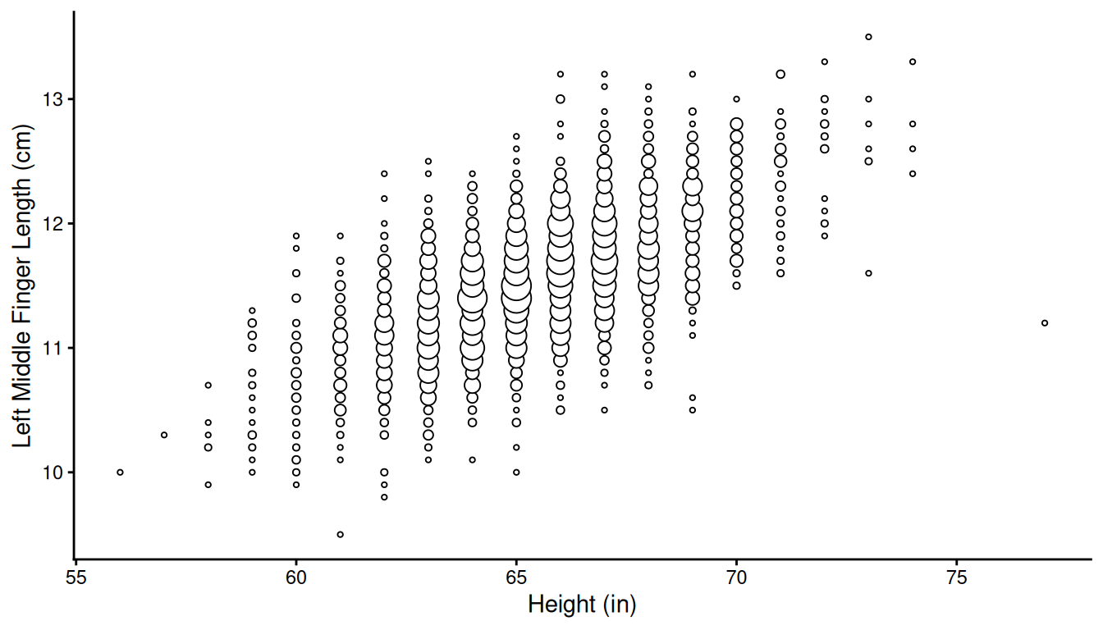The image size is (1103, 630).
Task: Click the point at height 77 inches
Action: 1044,323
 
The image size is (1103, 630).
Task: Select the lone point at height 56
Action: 120,472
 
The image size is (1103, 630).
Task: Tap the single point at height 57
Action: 164,435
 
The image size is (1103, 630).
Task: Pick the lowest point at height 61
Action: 340,535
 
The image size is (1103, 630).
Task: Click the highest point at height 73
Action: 868,37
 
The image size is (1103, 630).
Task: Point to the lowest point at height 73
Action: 868,273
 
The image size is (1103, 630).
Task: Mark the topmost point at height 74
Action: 912,62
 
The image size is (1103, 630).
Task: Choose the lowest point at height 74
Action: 912,174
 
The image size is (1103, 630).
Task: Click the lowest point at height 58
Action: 208,485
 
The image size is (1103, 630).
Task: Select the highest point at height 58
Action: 208,385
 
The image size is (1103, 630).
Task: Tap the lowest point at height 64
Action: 472,460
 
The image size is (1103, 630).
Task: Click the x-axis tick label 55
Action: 76,577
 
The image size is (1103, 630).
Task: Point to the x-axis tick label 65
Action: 516,577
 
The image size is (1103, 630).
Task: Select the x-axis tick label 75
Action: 956,577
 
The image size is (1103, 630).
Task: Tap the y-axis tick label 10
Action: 53,472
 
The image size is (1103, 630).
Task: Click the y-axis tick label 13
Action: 53,99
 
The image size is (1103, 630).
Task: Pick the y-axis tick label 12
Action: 53,224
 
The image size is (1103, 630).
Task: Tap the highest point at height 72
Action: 824,62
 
